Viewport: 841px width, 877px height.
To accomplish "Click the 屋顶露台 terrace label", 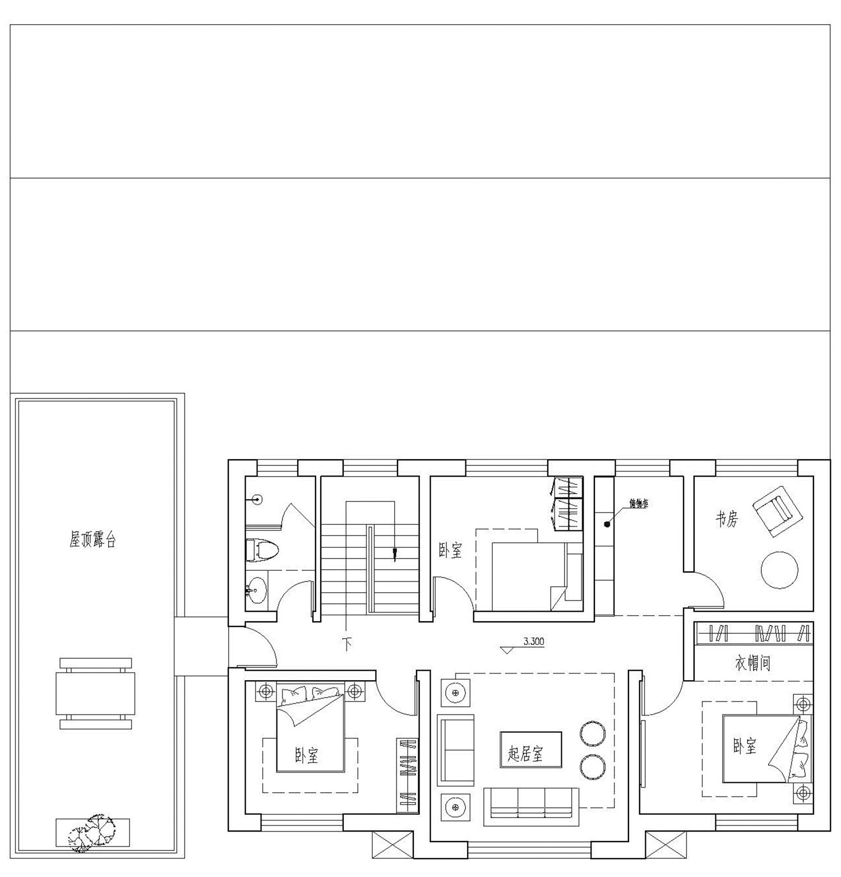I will [x=93, y=540].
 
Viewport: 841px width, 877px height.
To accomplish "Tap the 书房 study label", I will [x=727, y=519].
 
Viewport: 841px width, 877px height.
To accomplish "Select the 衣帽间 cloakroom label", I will [x=752, y=663].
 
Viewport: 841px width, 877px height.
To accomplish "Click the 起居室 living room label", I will [x=525, y=754].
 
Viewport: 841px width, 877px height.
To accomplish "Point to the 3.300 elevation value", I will [x=534, y=642].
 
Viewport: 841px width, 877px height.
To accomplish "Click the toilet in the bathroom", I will [x=262, y=550].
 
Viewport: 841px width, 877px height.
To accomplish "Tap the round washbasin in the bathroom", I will [x=256, y=590].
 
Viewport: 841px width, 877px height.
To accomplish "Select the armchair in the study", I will [x=777, y=510].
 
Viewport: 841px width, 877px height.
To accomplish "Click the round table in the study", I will [x=779, y=570].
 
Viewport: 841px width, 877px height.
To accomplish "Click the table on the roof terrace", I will [x=95, y=693].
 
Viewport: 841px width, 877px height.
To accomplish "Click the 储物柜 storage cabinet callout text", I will [x=639, y=504].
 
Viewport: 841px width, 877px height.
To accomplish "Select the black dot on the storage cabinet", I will [x=607, y=525].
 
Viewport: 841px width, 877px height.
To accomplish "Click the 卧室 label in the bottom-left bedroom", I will [x=307, y=756].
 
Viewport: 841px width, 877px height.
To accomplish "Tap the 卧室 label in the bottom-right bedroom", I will [x=745, y=746].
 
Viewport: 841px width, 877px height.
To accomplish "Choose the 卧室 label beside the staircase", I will [x=451, y=551].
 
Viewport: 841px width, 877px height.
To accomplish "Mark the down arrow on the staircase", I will [x=395, y=555].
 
